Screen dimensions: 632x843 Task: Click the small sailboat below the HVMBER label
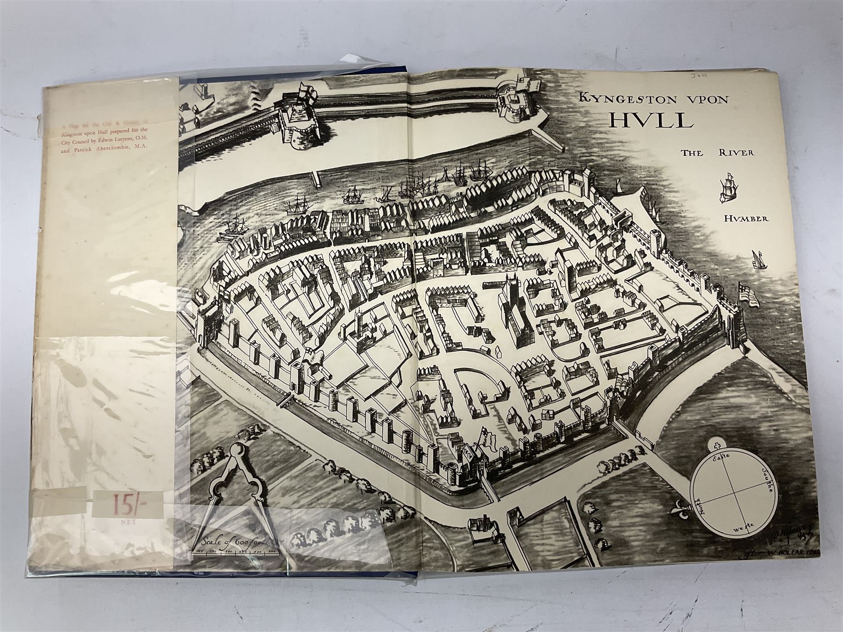coord(756,259)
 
